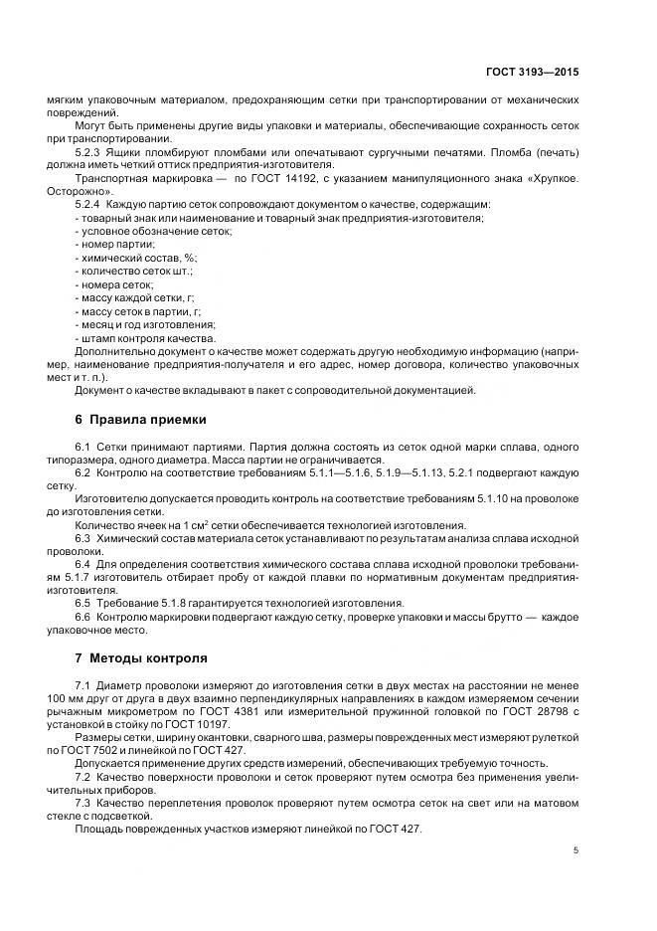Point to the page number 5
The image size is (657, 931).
[576, 850]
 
